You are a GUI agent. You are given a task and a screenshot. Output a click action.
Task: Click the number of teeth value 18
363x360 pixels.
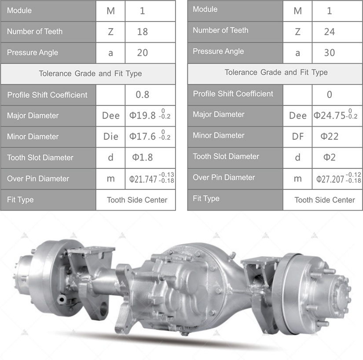(x=143, y=32)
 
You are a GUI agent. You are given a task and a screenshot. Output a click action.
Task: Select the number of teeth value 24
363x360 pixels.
(x=330, y=32)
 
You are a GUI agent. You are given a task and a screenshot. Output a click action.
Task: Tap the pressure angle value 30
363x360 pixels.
(x=330, y=53)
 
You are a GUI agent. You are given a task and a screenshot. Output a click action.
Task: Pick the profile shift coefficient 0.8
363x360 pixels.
(x=143, y=95)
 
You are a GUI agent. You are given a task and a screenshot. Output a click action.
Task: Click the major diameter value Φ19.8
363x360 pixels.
(x=143, y=115)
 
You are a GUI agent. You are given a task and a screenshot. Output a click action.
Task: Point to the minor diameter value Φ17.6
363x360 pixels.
(x=143, y=136)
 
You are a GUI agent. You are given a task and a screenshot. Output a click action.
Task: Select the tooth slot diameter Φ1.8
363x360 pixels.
(x=143, y=157)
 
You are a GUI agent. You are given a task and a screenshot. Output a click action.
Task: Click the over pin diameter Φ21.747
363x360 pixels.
(x=143, y=179)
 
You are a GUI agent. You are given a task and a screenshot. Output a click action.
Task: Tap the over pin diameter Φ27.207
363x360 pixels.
(x=330, y=179)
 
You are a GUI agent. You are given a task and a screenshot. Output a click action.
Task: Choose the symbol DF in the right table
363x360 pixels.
(x=298, y=136)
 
